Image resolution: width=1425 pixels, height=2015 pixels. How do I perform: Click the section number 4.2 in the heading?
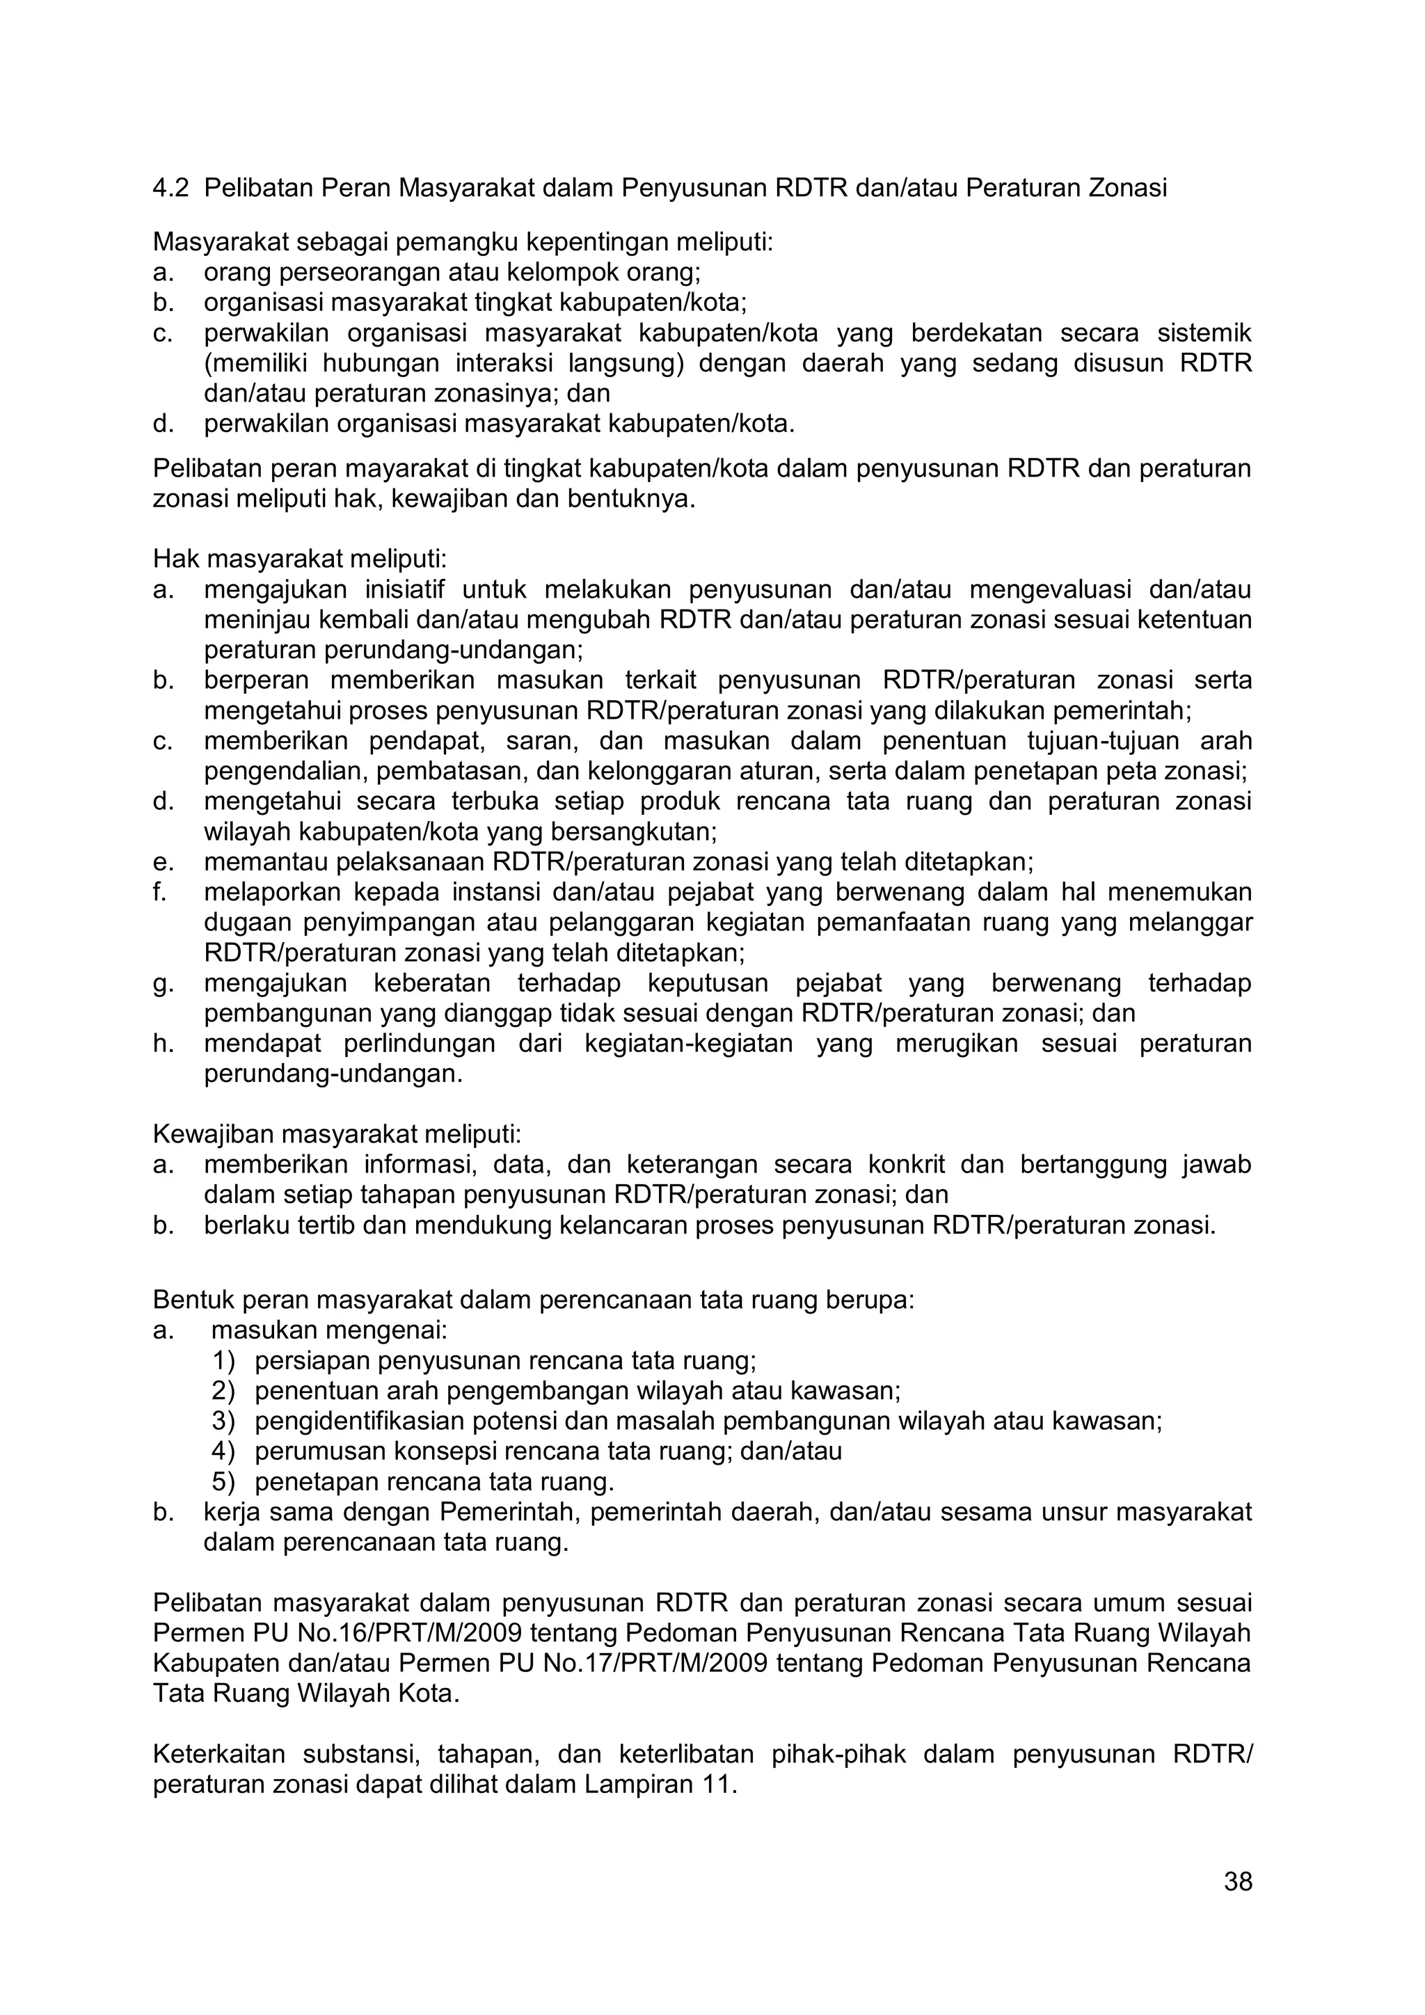tap(170, 189)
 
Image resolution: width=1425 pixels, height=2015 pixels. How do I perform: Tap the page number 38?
tap(1237, 1881)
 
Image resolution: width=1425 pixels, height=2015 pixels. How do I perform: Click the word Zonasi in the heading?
tap(1127, 189)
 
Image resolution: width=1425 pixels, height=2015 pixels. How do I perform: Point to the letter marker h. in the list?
tap(164, 1044)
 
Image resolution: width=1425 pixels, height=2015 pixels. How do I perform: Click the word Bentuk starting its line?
tap(189, 1300)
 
